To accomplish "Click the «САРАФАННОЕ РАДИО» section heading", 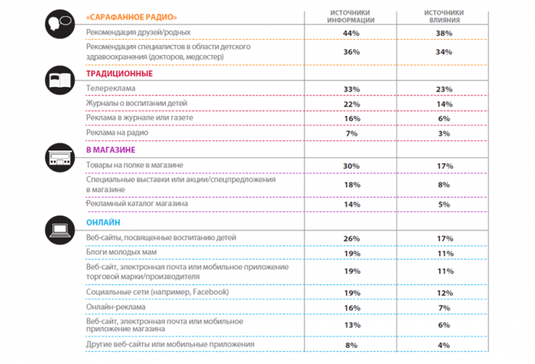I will pos(128,16).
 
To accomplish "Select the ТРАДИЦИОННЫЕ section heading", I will pos(119,74).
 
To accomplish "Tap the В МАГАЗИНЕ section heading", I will pos(112,150).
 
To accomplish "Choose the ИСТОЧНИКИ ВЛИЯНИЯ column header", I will pos(445,17).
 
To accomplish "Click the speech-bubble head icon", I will pos(59,21).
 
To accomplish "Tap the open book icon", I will pos(59,79).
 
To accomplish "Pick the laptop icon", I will pos(59,227).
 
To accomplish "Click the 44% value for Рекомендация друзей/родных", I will pos(351,33).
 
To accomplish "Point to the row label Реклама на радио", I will pos(117,133).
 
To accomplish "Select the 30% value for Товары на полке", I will pos(351,166).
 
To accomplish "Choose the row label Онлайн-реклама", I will pos(115,307).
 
